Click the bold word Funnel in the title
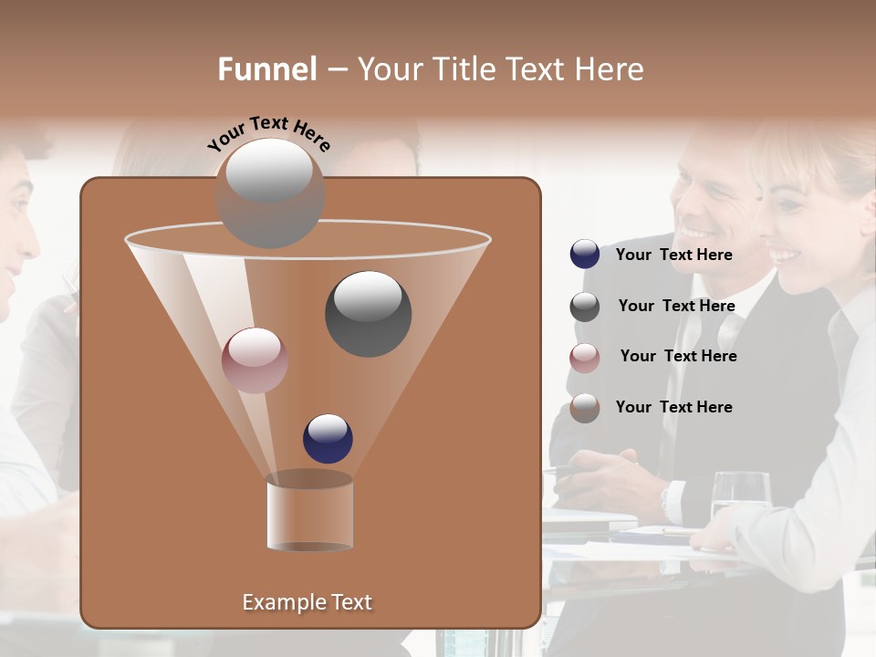267,69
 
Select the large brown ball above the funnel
270,193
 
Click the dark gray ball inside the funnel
368,314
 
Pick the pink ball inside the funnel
255,360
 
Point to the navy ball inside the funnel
328,439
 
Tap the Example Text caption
307,602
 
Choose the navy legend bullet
585,255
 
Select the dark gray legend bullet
585,307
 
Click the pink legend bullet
585,358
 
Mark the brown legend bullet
585,408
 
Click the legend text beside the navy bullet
673,255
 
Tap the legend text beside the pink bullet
678,356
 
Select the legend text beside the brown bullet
673,407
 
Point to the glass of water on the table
740,496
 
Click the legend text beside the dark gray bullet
676,306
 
